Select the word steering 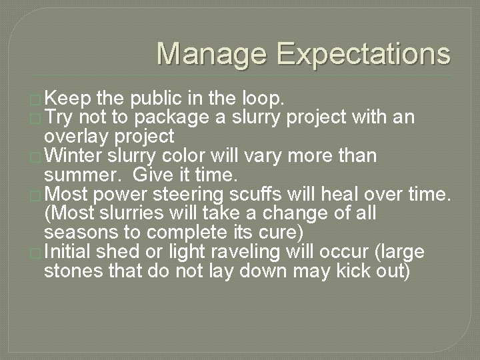[x=189, y=195]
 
